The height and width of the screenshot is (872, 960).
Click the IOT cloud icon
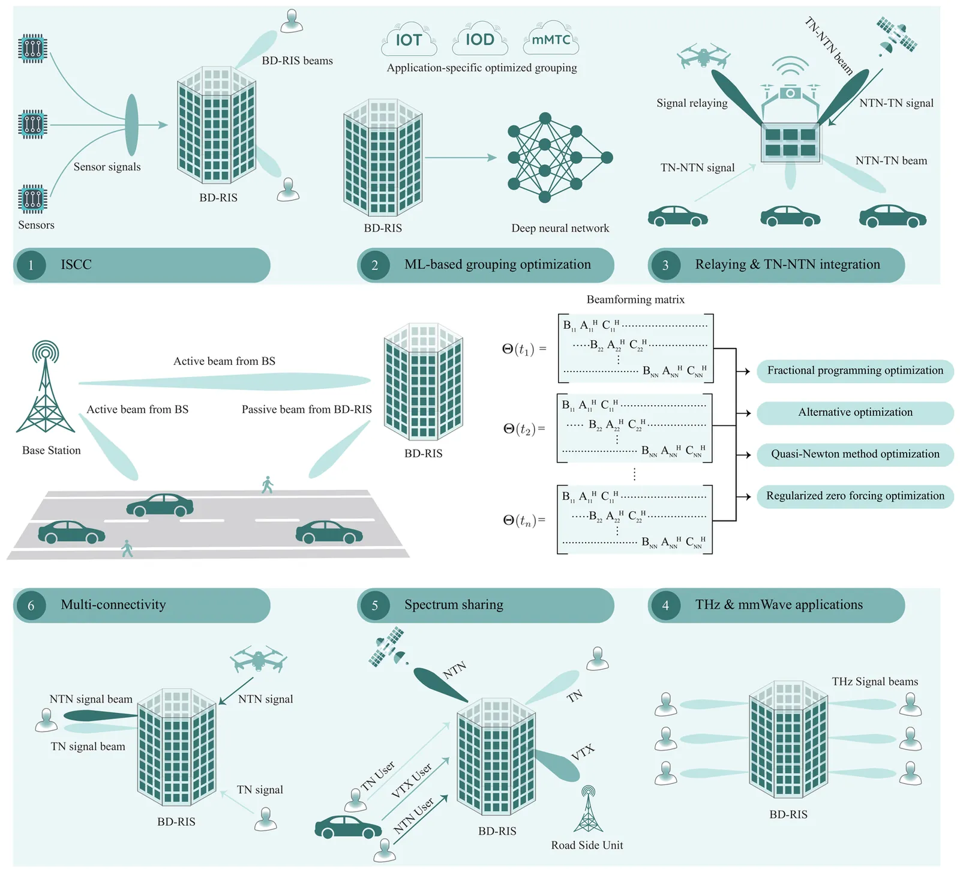point(409,40)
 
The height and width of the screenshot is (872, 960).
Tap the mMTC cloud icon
point(551,39)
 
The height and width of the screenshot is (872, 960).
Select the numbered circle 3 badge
point(665,265)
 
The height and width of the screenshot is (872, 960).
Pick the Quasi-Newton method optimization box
point(855,454)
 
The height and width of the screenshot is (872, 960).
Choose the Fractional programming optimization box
point(855,371)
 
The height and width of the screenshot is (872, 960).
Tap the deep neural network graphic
point(558,157)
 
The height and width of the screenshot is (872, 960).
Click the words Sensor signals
point(107,167)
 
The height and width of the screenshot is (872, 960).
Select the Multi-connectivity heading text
point(113,605)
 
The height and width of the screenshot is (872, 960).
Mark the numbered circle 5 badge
point(374,606)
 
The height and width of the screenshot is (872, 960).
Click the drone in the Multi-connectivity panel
point(259,658)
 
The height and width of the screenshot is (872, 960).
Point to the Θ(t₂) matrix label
point(524,428)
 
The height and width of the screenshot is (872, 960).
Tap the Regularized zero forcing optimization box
point(855,496)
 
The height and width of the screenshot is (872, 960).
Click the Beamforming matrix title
point(635,299)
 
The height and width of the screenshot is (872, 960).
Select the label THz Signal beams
point(874,682)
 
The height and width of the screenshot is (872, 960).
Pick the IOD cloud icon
point(480,40)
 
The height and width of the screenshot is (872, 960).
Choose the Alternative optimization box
point(855,413)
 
